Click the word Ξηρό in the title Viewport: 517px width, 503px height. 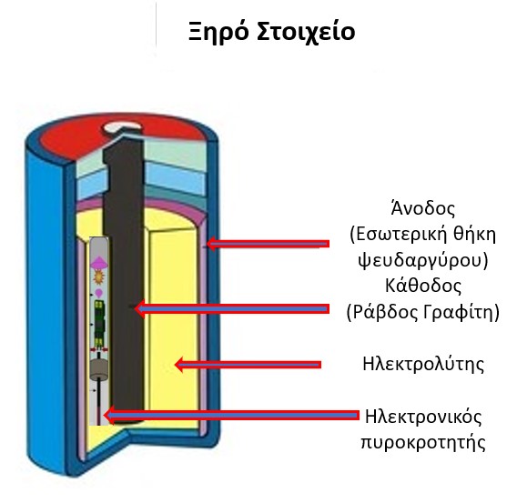tap(218, 32)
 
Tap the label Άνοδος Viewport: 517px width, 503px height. tap(422, 208)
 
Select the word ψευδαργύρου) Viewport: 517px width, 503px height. tap(423, 260)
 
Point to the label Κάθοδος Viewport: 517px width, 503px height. tap(423, 286)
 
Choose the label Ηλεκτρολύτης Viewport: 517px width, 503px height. tap(423, 365)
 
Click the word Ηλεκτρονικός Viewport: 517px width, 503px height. tap(423, 417)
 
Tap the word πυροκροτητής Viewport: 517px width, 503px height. tap(423, 442)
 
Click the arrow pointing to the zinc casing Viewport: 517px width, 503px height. tap(268, 244)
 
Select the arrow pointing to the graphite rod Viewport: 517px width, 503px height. tap(232, 308)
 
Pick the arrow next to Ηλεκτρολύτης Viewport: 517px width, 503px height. tap(248, 365)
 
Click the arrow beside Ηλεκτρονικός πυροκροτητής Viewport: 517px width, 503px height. tap(232, 416)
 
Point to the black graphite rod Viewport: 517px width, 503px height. tap(123, 280)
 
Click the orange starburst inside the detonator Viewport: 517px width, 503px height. tap(98, 277)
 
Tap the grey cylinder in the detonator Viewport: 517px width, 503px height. tap(99, 369)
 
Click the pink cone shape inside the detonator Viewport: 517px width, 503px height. tap(98, 262)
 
